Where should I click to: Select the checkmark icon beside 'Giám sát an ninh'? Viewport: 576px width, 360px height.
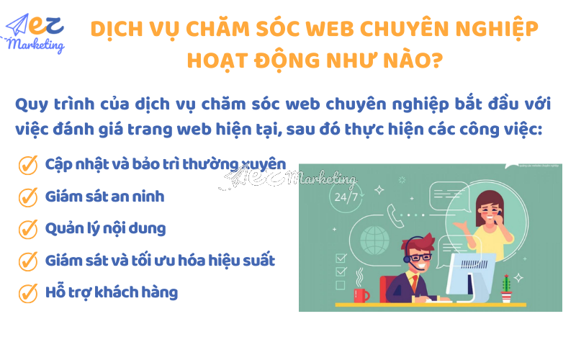pos(27,197)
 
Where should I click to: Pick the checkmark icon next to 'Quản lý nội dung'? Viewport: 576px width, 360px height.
pos(27,229)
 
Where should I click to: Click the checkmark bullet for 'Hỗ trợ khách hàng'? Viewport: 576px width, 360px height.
pos(27,293)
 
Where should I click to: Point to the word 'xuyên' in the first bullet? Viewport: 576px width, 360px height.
pos(265,164)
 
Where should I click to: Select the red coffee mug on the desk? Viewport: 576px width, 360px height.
pos(361,294)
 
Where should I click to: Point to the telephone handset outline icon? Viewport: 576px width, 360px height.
pos(395,213)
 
